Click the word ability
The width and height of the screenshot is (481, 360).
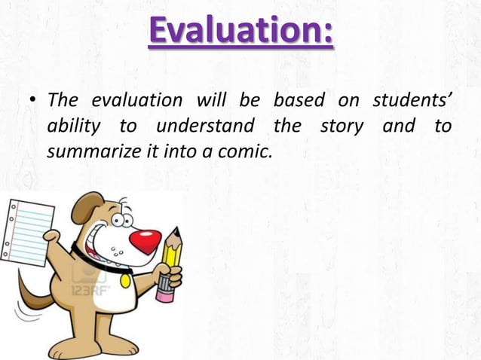72,127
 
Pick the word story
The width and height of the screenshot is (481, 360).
341,126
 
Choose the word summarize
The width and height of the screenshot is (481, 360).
88,151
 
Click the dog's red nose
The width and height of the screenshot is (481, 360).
145,242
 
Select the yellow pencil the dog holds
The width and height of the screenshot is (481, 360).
170,260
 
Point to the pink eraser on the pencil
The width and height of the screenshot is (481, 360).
164,291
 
